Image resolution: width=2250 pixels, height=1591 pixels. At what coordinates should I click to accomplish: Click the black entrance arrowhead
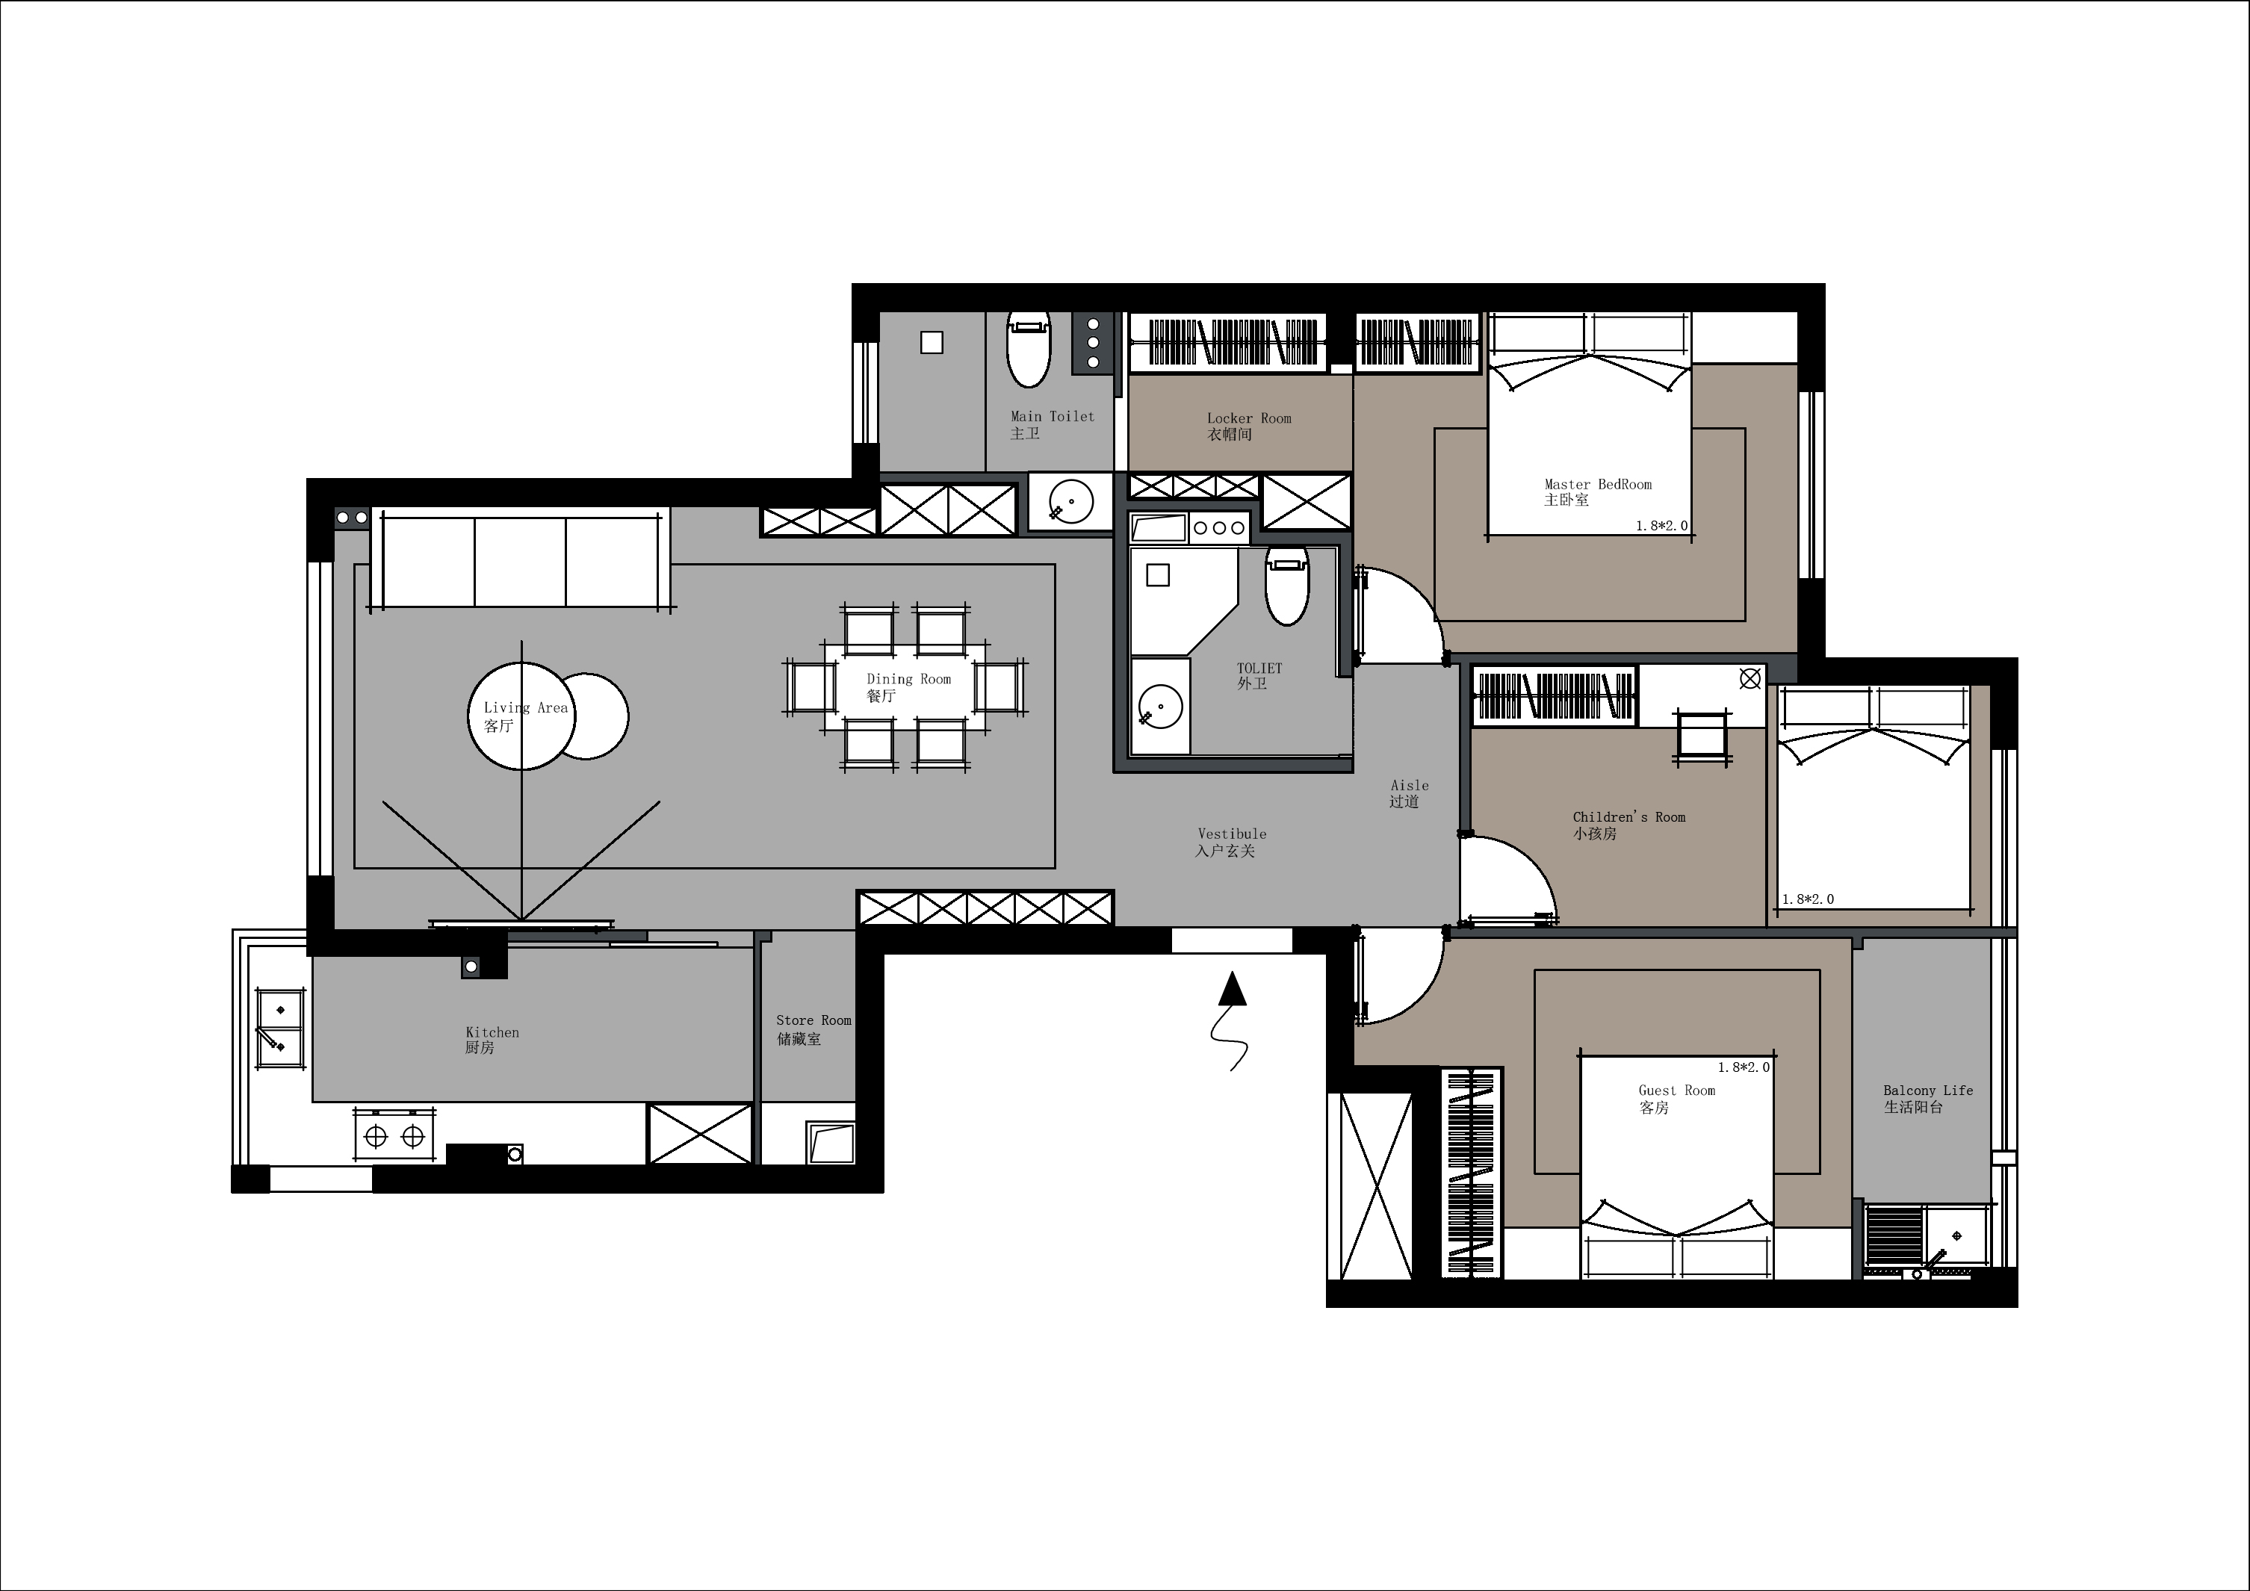1233,988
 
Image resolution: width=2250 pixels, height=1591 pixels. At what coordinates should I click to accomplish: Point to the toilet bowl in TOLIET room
1286,587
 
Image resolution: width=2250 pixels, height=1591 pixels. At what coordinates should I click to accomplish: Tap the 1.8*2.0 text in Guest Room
1744,1067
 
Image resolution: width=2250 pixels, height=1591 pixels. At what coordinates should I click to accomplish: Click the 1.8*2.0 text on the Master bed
1662,525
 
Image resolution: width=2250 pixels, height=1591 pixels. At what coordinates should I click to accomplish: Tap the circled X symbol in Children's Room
1750,678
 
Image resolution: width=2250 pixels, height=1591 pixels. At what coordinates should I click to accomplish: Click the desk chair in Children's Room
1703,736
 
